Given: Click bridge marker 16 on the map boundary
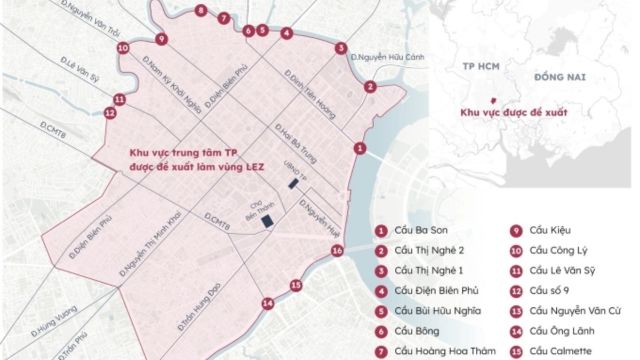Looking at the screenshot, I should [x=337, y=250].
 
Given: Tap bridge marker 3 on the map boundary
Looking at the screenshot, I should [x=341, y=47].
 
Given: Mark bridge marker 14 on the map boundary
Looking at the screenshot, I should [x=267, y=303].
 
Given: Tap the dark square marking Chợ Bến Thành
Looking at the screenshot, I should [x=267, y=222].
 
